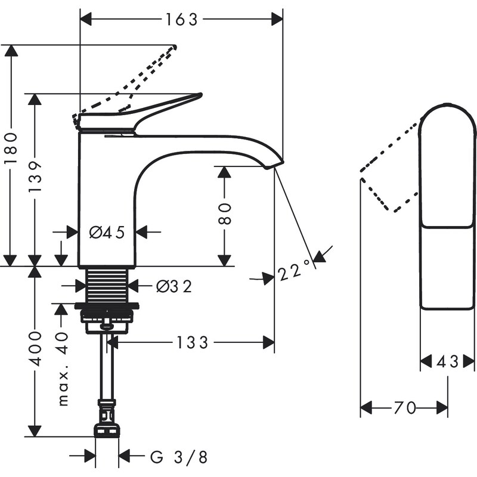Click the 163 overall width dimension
(181, 19)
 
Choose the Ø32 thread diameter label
(174, 287)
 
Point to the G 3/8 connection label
(178, 457)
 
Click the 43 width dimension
(448, 361)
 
